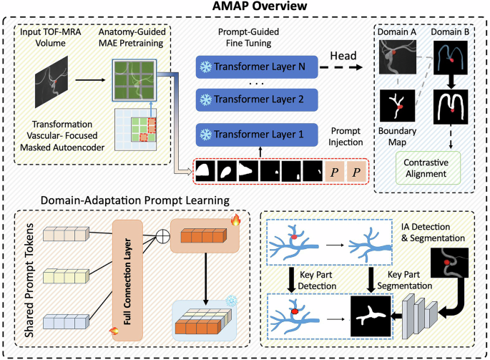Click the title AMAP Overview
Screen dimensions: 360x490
(x=244, y=9)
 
